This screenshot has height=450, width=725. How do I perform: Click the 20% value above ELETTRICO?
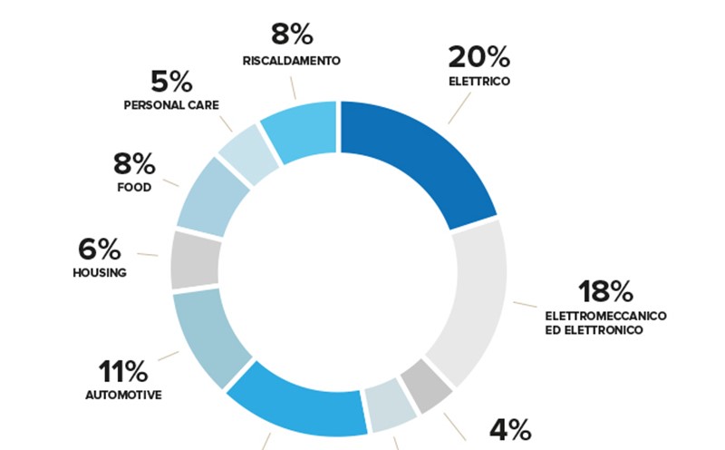point(478,57)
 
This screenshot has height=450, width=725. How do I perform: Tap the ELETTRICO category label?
point(479,82)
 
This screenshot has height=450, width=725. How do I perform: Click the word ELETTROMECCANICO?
point(605,315)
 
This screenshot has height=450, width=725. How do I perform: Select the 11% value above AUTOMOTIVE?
point(124,371)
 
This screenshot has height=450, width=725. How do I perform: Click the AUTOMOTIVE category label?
point(123,396)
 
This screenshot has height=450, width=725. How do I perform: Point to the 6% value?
point(100,249)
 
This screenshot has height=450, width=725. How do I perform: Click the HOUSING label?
point(99,272)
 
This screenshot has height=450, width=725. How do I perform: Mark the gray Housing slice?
point(195,259)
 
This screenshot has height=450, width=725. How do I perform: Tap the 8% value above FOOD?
point(134,164)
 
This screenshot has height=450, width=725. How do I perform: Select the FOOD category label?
point(134,188)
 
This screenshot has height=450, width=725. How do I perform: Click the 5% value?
point(170,82)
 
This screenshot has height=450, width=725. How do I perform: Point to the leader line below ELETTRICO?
point(459,108)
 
